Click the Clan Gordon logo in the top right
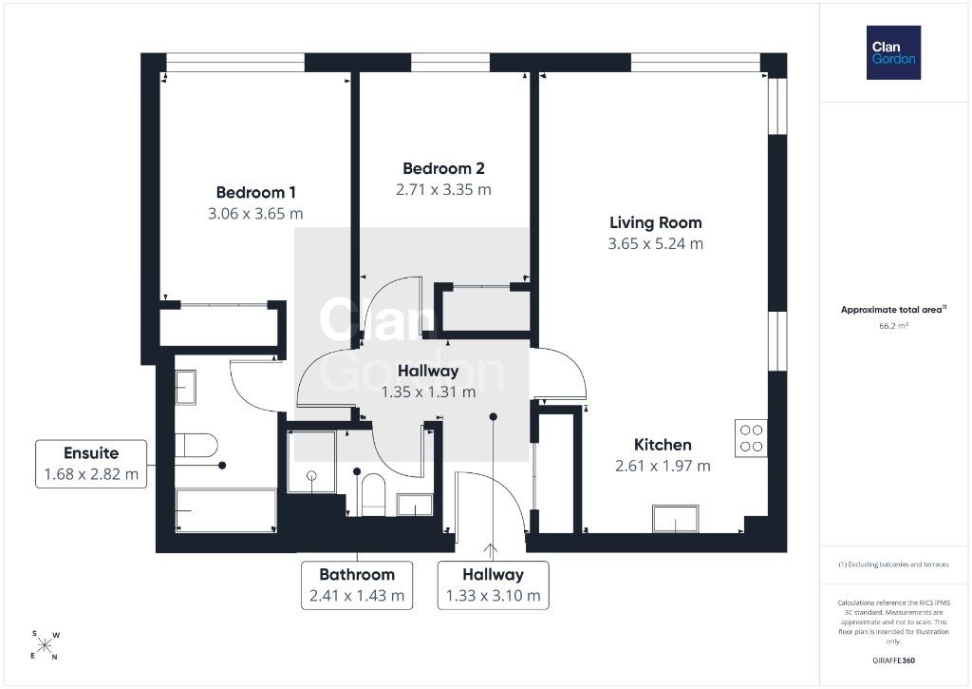(x=893, y=53)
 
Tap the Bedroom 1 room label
(x=255, y=192)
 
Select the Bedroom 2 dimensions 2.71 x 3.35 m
(x=443, y=189)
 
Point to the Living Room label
(x=655, y=222)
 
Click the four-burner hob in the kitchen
(x=751, y=438)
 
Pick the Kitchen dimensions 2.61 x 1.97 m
(x=663, y=466)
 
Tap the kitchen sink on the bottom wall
(x=675, y=519)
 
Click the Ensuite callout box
(x=91, y=464)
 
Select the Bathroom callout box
(x=357, y=585)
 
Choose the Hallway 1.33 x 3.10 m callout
(x=493, y=585)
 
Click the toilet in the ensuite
(x=196, y=445)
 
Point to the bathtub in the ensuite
(x=226, y=510)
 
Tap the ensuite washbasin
(x=185, y=388)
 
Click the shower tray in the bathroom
(x=311, y=462)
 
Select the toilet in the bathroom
(x=372, y=495)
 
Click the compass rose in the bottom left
(x=45, y=645)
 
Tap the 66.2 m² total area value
(x=893, y=325)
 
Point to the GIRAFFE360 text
(x=893, y=660)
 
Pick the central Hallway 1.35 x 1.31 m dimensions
(x=428, y=392)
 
